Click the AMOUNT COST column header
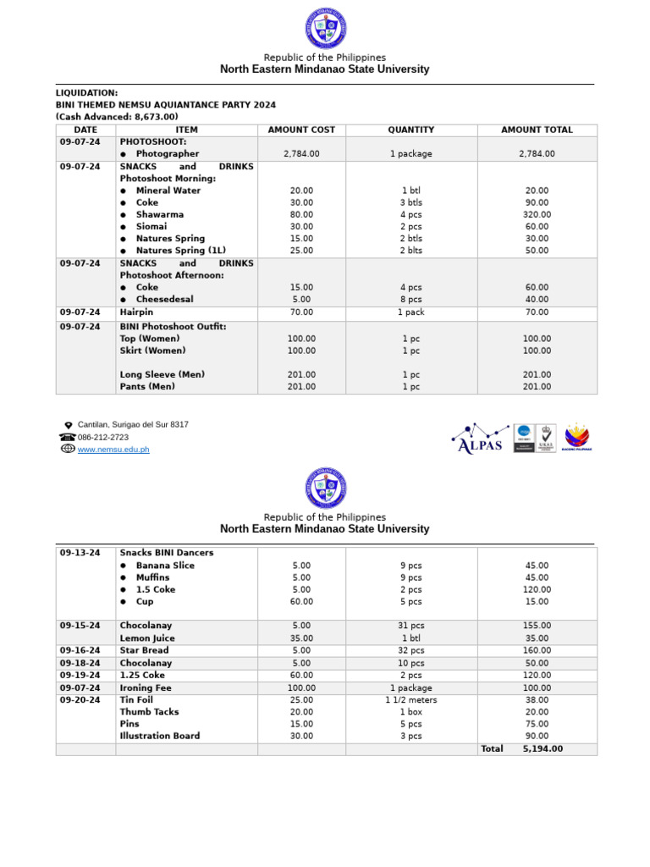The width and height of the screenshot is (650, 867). [300, 130]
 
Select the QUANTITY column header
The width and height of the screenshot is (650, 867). [410, 130]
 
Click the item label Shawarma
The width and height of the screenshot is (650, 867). [159, 214]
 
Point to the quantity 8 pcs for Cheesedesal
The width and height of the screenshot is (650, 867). [410, 299]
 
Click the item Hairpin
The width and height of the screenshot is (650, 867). [135, 312]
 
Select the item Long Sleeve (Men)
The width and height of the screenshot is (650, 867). [162, 374]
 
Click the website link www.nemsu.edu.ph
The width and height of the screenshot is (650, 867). [113, 450]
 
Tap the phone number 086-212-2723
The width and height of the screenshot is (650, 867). [103, 437]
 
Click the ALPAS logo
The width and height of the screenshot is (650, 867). [479, 439]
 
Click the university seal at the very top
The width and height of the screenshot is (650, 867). [325, 28]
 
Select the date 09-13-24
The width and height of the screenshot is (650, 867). [80, 553]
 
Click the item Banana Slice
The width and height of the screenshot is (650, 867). [165, 566]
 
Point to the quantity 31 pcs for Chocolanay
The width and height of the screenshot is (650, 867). [410, 626]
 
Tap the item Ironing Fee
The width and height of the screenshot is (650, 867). [146, 688]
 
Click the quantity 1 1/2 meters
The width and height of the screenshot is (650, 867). [410, 700]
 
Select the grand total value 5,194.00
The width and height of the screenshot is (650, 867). [543, 748]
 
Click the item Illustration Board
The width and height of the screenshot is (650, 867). [160, 736]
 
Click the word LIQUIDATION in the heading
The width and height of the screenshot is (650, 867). [86, 92]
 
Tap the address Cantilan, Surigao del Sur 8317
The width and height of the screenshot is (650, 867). [133, 424]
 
